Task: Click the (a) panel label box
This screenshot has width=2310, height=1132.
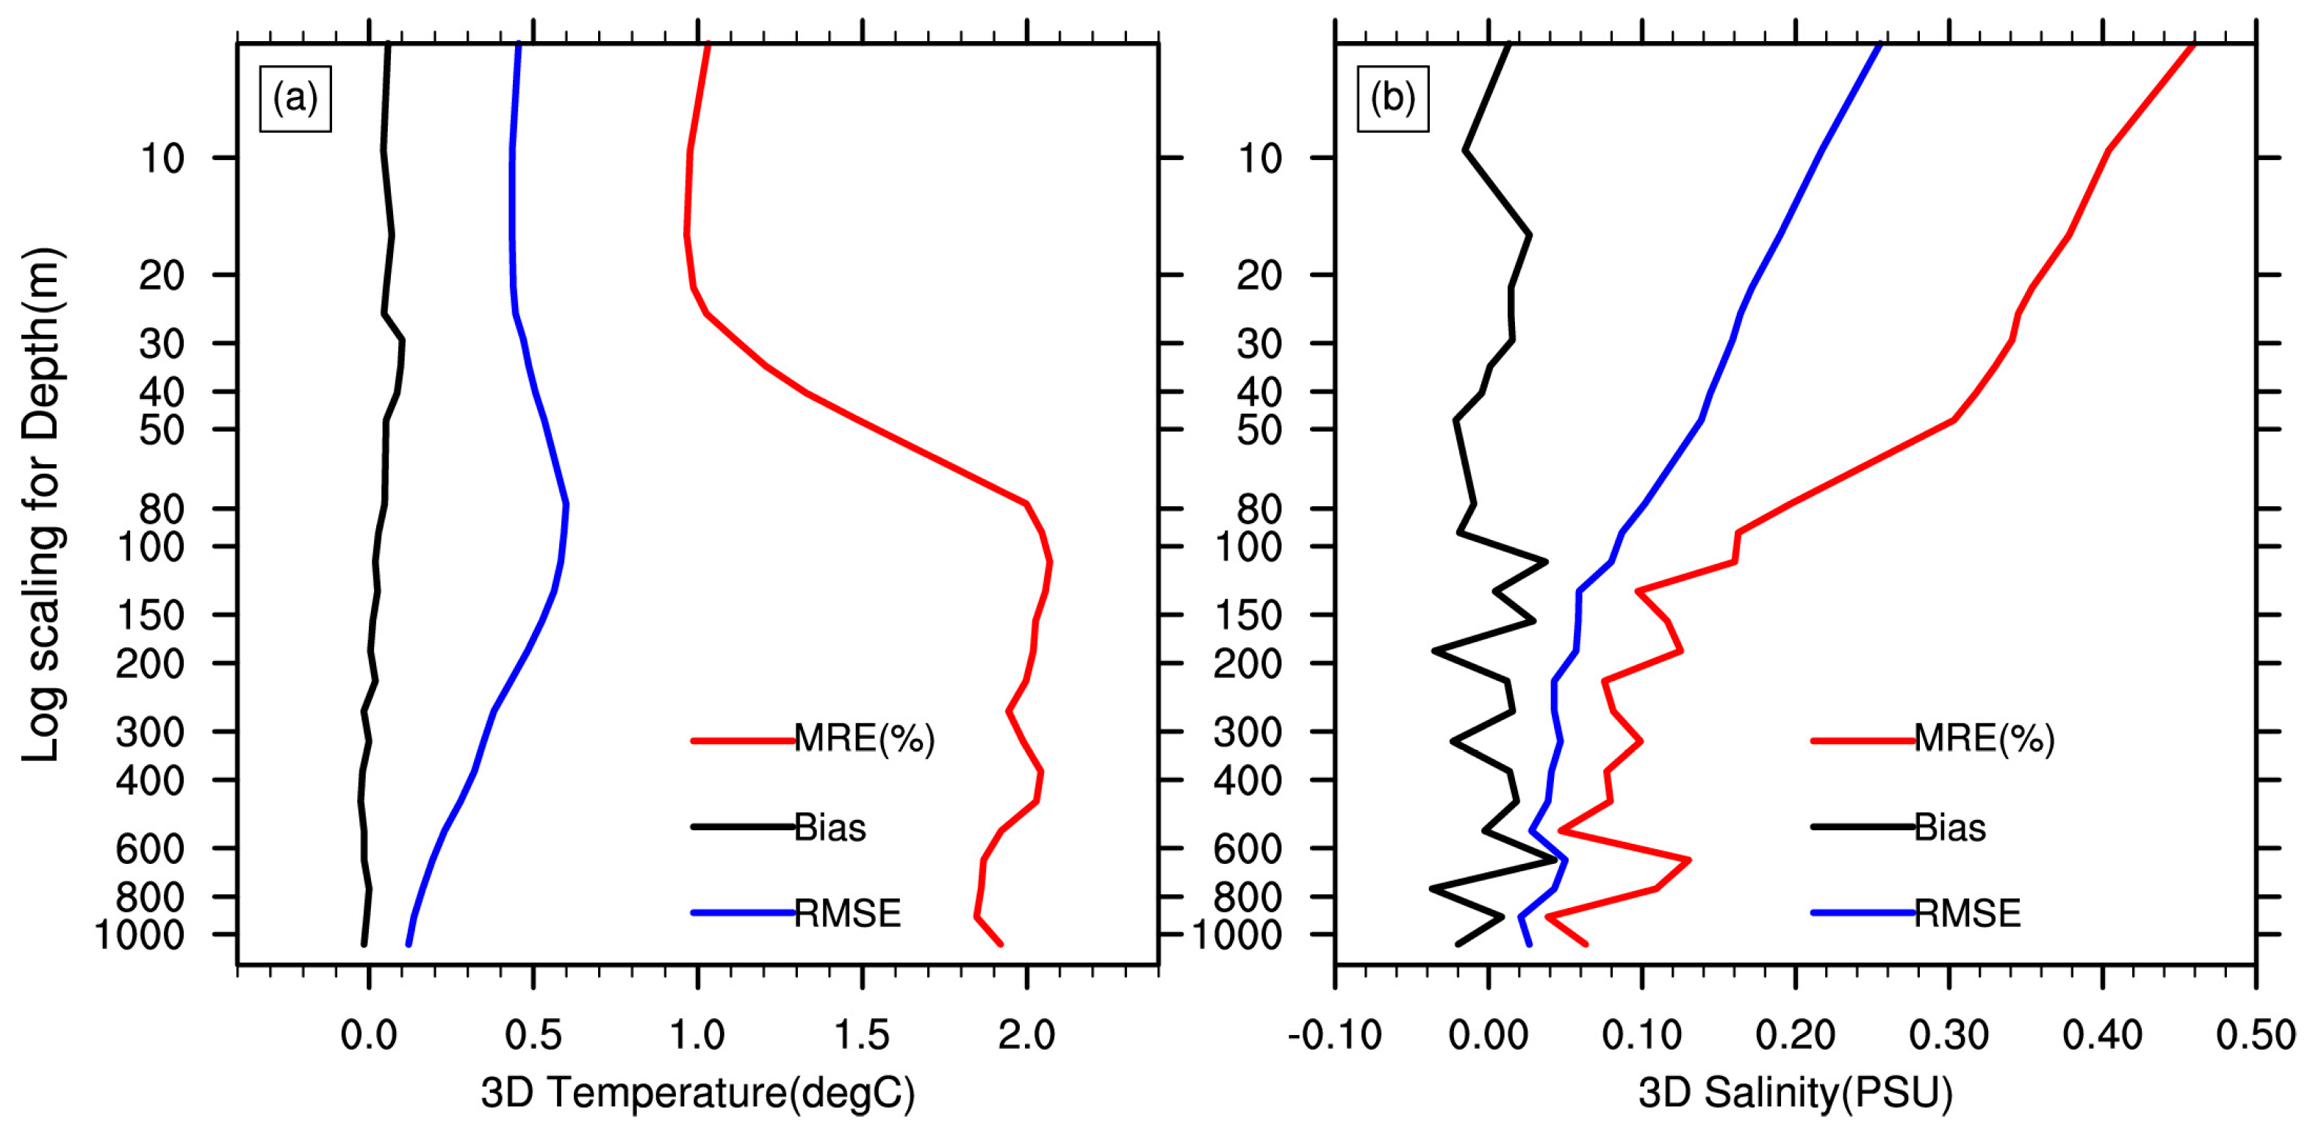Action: (x=295, y=98)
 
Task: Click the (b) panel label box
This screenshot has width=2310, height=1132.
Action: (x=1392, y=98)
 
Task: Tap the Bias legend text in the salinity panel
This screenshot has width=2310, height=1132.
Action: (x=1949, y=827)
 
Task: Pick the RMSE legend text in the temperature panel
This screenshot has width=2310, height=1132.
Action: (x=847, y=913)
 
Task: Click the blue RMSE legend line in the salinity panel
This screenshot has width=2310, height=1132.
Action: (x=1862, y=913)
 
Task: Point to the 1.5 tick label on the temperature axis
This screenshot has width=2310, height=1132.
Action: (x=861, y=1035)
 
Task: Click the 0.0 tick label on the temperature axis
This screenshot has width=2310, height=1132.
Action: (x=367, y=1035)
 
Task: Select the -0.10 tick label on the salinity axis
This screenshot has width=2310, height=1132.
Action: (x=1334, y=1035)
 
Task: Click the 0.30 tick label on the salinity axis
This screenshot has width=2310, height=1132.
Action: (x=1949, y=1035)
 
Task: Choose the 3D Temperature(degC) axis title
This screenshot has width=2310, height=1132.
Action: (x=698, y=1092)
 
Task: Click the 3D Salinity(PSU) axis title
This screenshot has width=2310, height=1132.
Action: (x=1795, y=1092)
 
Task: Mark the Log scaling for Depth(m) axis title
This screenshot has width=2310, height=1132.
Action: (x=41, y=505)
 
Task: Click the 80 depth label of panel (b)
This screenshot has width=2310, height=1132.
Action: (x=1259, y=509)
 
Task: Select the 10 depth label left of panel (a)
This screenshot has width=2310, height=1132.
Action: (x=162, y=159)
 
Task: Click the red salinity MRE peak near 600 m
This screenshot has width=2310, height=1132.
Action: (x=1689, y=859)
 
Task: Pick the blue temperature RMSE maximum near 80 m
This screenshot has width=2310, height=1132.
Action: (x=566, y=505)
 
